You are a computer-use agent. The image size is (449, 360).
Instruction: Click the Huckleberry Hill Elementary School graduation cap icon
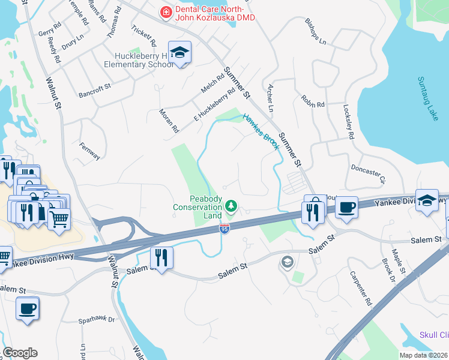(x=179, y=53)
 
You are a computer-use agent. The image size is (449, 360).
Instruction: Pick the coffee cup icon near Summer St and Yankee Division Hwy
(x=347, y=208)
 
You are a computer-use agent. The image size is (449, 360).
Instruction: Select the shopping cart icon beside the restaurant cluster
(x=59, y=220)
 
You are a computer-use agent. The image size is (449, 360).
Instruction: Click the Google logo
(x=20, y=353)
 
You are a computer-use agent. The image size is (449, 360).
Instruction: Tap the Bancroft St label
(x=95, y=90)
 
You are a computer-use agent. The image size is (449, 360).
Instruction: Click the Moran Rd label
(x=169, y=120)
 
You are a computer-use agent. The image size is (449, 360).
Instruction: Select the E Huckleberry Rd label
(x=214, y=106)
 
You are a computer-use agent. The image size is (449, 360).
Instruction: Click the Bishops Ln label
(x=315, y=34)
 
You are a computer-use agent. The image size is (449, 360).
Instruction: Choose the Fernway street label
(x=90, y=151)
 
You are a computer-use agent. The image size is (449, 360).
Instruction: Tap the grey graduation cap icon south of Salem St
(x=287, y=262)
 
